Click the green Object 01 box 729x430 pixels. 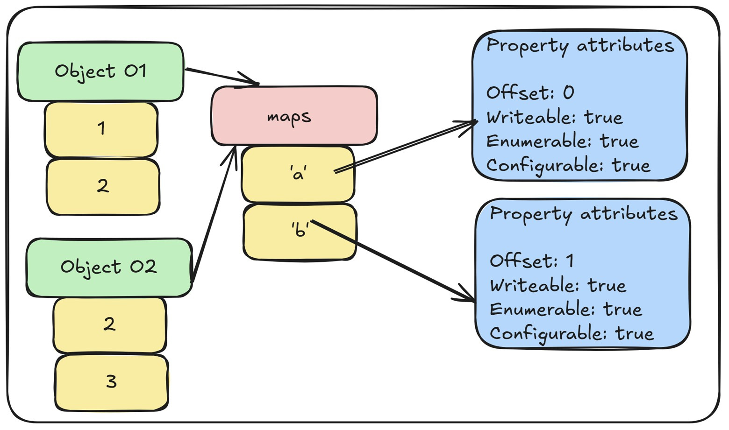pyautogui.click(x=100, y=71)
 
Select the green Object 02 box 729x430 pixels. pyautogui.click(x=108, y=268)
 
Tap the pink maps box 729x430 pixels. pyautogui.click(x=293, y=116)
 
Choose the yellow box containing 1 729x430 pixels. pyautogui.click(x=101, y=129)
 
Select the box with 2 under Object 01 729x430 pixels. pyautogui.click(x=103, y=187)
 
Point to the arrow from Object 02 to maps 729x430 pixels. pyautogui.click(x=213, y=215)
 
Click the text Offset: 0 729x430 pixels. pyautogui.click(x=530, y=93)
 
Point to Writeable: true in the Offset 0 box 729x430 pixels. pyautogui.click(x=554, y=117)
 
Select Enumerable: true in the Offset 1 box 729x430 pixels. pyautogui.click(x=565, y=310)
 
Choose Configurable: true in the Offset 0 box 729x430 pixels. pyautogui.click(x=568, y=166)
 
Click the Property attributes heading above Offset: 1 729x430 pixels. pyautogui.click(x=583, y=214)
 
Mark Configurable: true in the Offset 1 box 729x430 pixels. pyautogui.click(x=571, y=334)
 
